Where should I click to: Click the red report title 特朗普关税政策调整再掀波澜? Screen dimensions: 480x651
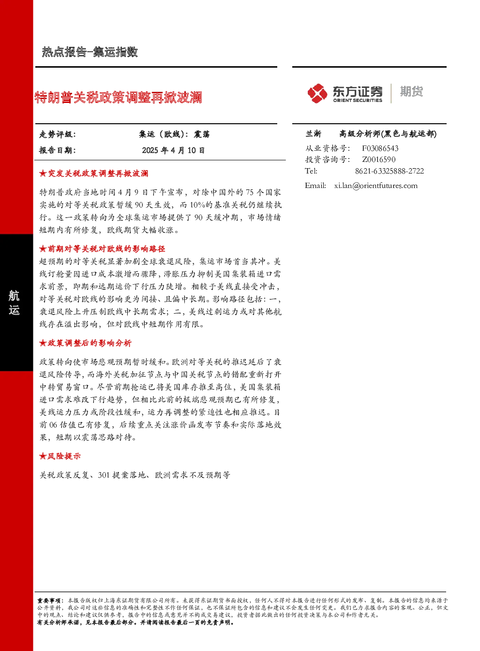pyautogui.click(x=118, y=97)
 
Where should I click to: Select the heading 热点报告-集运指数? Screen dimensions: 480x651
pyautogui.click(x=90, y=52)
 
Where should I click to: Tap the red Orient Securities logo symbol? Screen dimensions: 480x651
pyautogui.click(x=317, y=93)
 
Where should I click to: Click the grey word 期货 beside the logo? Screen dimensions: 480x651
pyautogui.click(x=411, y=91)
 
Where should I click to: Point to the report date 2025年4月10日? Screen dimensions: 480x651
pyautogui.click(x=173, y=150)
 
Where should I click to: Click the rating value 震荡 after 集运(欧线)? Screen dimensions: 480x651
pyautogui.click(x=202, y=134)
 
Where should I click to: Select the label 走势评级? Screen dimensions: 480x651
pyautogui.click(x=58, y=134)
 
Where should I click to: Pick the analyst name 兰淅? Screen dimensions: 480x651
pyautogui.click(x=314, y=134)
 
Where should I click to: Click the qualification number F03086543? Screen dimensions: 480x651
pyautogui.click(x=380, y=148)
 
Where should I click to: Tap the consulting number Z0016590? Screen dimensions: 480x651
pyautogui.click(x=379, y=159)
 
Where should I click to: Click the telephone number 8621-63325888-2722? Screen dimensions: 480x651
pyautogui.click(x=390, y=171)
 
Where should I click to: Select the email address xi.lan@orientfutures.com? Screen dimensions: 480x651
pyautogui.click(x=376, y=186)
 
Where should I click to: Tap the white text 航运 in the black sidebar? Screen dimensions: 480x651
pyautogui.click(x=14, y=303)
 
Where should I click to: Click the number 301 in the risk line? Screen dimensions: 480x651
pyautogui.click(x=104, y=475)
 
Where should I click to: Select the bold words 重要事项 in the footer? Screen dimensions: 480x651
pyautogui.click(x=48, y=600)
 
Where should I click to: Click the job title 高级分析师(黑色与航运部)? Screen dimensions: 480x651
pyautogui.click(x=388, y=134)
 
